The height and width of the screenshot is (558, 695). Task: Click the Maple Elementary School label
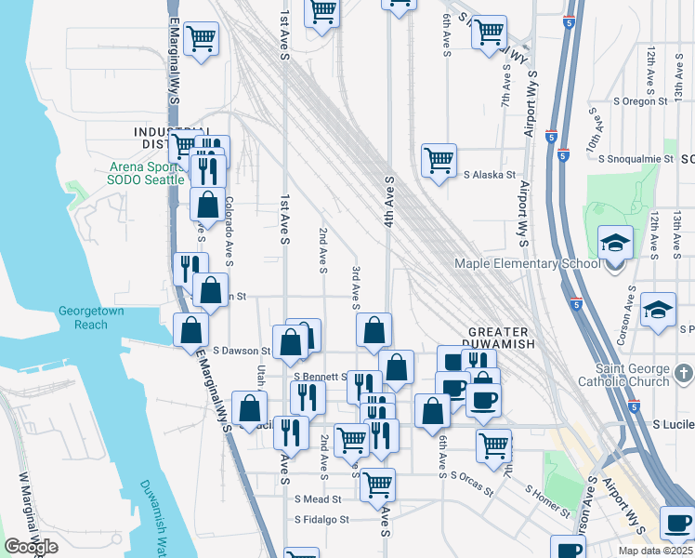point(527,263)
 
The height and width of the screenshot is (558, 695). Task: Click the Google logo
point(31,547)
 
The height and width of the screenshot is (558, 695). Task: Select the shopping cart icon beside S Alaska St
point(438,159)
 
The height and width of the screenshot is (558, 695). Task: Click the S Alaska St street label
point(490,174)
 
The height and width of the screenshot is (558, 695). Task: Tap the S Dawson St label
point(241,351)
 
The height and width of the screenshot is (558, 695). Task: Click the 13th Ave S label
point(677,232)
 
